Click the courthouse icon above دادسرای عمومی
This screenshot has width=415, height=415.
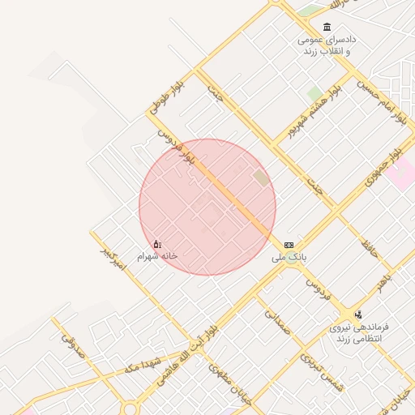327,28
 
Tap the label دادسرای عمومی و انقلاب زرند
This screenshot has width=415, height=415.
327,45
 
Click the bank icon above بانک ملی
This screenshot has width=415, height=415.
289,245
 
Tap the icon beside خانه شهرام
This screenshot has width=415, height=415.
157,244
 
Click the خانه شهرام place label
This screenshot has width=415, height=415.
156,255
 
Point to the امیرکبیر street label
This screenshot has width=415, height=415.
113,259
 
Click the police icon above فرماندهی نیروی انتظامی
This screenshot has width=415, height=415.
358,314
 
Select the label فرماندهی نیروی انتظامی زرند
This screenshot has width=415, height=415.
358,332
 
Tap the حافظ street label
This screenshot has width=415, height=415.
370,244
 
